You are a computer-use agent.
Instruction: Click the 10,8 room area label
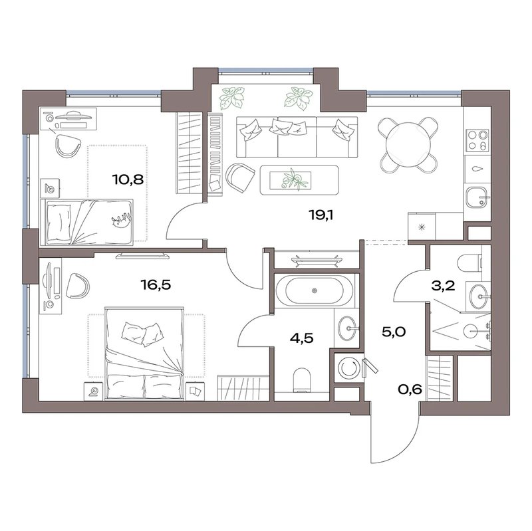tap(128, 179)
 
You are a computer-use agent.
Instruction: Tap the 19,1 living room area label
tap(321, 215)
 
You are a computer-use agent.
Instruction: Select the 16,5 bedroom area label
tap(156, 285)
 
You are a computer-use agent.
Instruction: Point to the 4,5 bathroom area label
tap(302, 338)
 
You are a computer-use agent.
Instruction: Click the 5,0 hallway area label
tap(394, 332)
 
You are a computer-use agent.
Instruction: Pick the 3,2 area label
tap(443, 286)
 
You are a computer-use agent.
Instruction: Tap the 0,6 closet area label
tap(410, 389)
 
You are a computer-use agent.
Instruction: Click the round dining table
tap(408, 144)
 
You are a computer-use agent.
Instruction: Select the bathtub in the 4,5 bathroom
tap(314, 290)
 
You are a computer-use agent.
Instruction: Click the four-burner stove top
tap(477, 140)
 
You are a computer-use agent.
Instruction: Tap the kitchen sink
tap(477, 197)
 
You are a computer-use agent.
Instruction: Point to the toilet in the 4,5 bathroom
tap(302, 380)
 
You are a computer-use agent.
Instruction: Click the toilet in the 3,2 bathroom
tap(469, 262)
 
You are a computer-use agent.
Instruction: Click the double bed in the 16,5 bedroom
tap(144, 353)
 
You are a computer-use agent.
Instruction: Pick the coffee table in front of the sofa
tap(299, 179)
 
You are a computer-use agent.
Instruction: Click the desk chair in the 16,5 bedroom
tap(78, 286)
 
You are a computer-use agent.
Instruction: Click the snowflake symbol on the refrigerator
tap(422, 227)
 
